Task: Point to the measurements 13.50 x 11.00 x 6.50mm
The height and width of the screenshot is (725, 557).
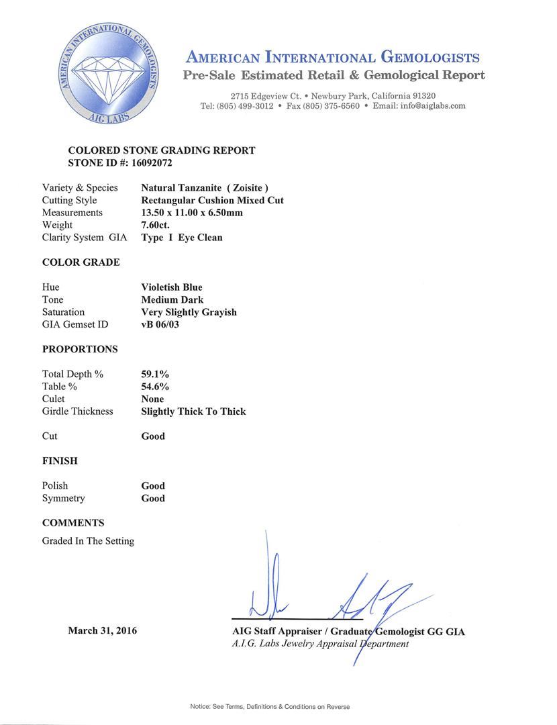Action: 192,213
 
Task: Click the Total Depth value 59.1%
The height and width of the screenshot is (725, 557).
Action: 154,374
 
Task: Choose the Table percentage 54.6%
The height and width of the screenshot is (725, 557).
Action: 154,387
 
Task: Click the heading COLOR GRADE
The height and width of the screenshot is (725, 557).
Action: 81,262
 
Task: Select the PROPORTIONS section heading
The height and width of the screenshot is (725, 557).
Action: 80,349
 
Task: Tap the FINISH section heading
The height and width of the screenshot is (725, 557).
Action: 60,461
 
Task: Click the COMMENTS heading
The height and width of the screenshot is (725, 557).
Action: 73,523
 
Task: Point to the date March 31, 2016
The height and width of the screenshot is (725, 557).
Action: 102,630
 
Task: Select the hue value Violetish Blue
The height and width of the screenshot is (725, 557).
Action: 171,287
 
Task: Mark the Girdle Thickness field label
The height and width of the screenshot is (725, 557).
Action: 77,412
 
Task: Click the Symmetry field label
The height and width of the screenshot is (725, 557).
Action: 64,498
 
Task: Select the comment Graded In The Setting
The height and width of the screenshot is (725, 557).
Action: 88,541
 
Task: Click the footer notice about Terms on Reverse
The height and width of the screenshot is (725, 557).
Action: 269,706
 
